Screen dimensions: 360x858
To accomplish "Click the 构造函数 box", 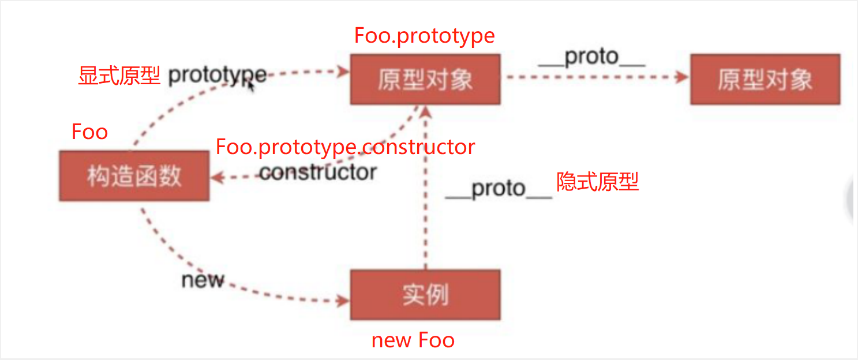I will click(x=134, y=176).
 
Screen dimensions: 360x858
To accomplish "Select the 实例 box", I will click(x=425, y=295).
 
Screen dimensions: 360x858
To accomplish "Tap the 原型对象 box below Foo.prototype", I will click(x=425, y=80).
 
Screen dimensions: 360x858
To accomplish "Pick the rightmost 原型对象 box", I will click(x=765, y=80).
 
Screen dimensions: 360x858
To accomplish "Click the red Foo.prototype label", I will click(x=425, y=36).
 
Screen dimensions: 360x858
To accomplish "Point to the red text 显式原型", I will click(x=119, y=76).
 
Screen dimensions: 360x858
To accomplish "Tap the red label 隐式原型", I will click(x=597, y=182).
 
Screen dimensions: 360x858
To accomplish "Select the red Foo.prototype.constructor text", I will click(x=345, y=147).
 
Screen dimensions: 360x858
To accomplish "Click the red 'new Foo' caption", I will click(x=413, y=340).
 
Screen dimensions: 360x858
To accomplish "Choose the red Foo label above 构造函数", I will click(x=89, y=132).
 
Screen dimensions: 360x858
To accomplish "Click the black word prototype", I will click(x=217, y=76).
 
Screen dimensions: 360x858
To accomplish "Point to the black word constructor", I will click(x=318, y=172).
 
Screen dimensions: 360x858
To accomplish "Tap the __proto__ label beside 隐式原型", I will click(x=499, y=189).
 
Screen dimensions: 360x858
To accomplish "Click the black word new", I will click(x=202, y=280).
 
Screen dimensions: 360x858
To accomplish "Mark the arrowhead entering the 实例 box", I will click(x=344, y=301).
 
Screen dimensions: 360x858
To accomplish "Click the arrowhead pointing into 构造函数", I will click(x=216, y=178).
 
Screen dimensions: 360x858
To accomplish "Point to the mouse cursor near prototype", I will click(x=250, y=84).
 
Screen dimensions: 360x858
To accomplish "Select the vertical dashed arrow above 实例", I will click(x=425, y=190).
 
